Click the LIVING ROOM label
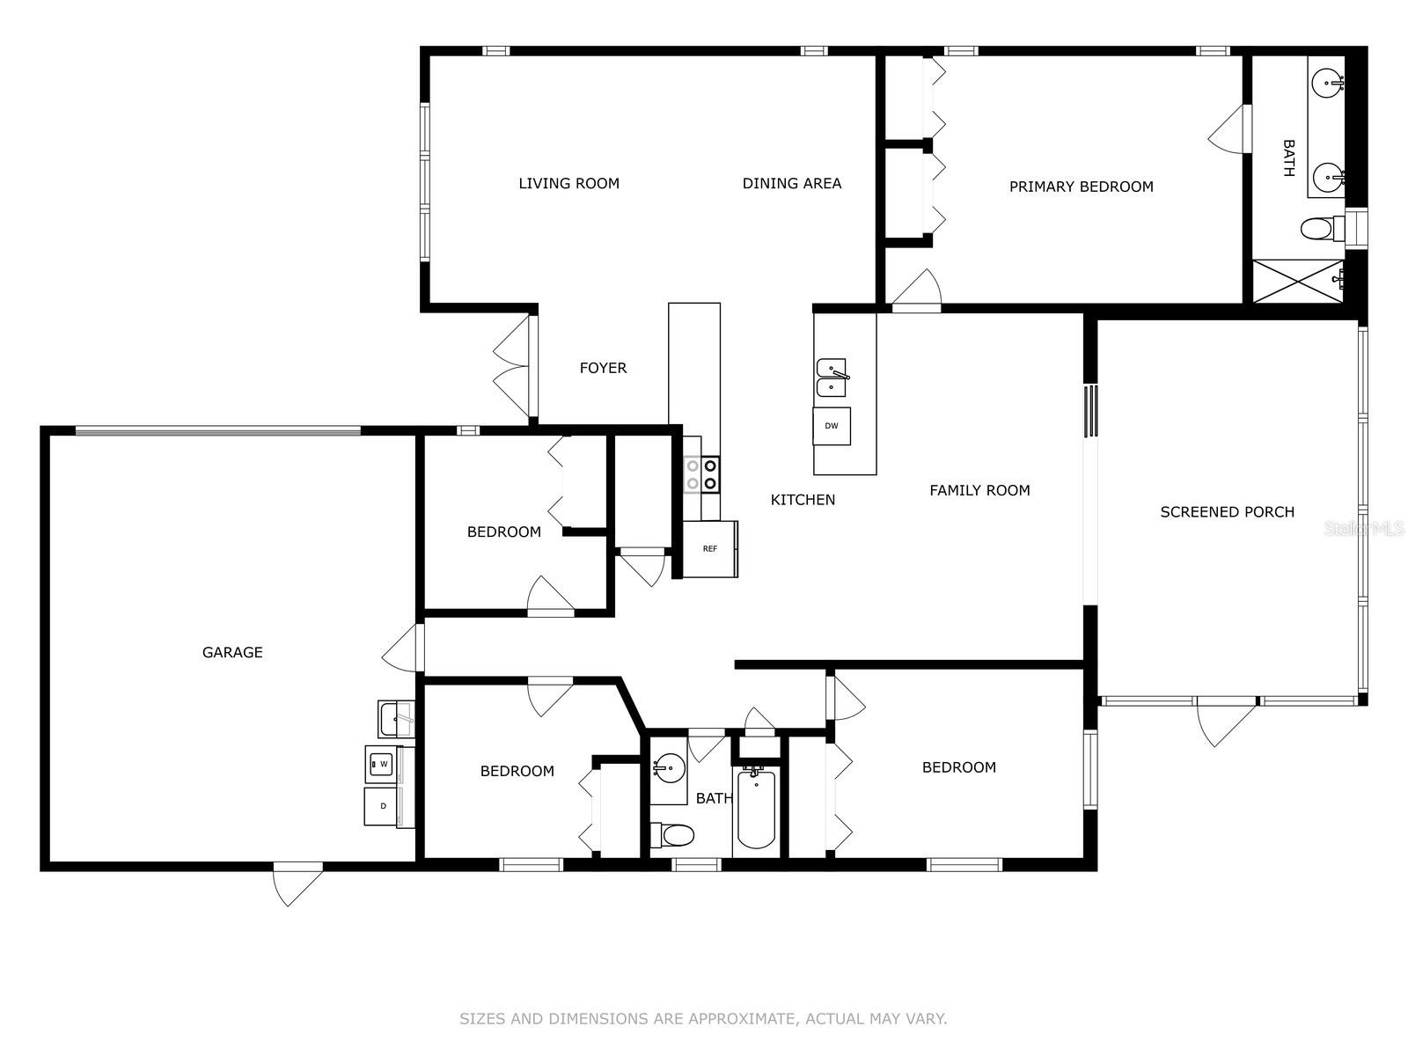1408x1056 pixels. (569, 183)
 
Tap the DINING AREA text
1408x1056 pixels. (791, 183)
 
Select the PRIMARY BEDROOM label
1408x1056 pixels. (1081, 187)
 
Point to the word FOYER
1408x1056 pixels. (603, 368)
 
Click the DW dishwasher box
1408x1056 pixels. (832, 426)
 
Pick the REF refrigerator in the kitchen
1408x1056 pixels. (710, 549)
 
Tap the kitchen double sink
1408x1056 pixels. (832, 378)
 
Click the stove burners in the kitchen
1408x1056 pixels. (701, 474)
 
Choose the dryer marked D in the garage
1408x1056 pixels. (382, 806)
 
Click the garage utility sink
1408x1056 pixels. (396, 719)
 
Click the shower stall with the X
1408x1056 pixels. (1298, 282)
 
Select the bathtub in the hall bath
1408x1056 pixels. (756, 807)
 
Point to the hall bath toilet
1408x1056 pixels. (672, 835)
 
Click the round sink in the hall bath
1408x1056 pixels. (669, 766)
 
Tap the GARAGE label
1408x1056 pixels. (232, 653)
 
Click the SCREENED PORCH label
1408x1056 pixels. (1227, 512)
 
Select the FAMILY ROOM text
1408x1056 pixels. (979, 490)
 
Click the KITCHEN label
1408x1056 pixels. (803, 500)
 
